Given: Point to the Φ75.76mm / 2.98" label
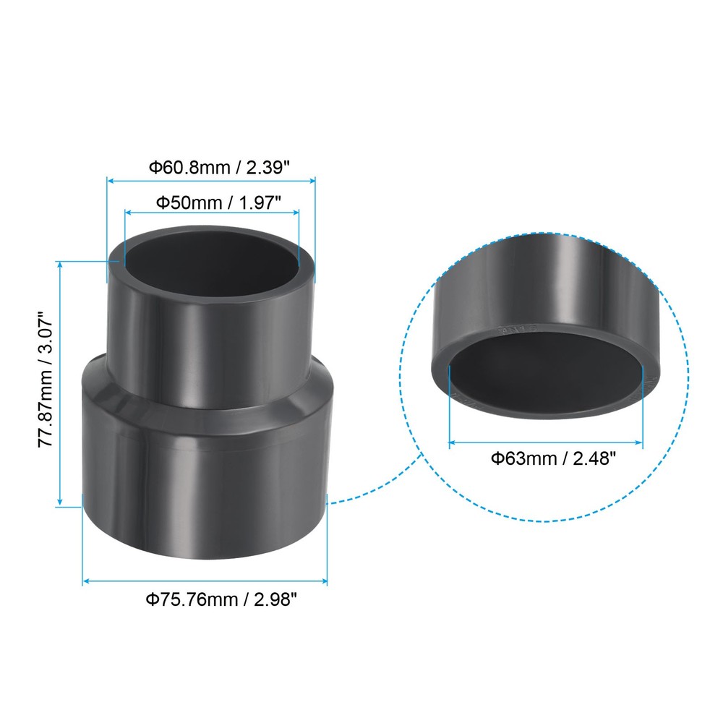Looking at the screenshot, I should pos(221,599).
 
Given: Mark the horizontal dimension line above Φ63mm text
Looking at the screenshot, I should pos(546,441).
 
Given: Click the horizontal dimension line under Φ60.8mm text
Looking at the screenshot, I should pos(211,180).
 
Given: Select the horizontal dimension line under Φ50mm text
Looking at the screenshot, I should pos(211,213).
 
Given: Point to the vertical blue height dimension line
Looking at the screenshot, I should pos(61,383).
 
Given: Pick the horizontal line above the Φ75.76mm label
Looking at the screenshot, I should pos(205,581).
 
